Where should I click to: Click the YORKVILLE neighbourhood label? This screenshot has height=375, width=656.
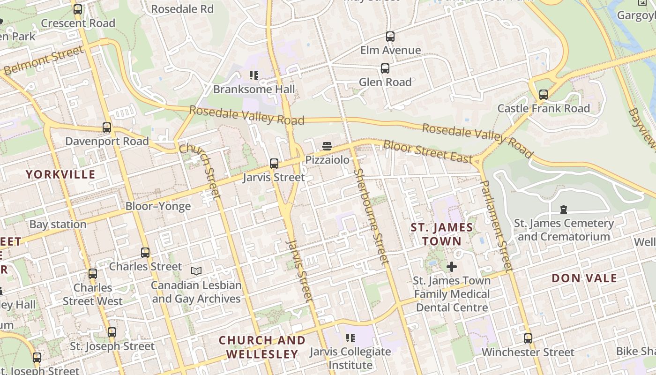pos(60,174)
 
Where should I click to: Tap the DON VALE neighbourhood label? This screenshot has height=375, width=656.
pos(584,278)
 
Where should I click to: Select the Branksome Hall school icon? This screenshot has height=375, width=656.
pos(254,75)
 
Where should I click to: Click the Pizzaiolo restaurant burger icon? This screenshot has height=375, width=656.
pos(327,147)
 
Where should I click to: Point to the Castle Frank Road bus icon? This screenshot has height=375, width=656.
pos(543,95)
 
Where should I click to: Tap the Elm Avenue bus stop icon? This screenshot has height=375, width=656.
pos(390,37)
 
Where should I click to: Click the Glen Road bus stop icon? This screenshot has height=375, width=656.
pos(385,68)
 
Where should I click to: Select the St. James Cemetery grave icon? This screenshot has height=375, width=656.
pos(564,210)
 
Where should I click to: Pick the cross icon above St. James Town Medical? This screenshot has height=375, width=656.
pos(452,267)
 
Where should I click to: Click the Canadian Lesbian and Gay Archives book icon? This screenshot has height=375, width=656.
pos(196,271)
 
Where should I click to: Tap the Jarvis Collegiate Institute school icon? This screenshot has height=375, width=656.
pos(350,338)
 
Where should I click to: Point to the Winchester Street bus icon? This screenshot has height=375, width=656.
pos(528,338)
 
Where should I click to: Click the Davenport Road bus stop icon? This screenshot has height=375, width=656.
pos(107,127)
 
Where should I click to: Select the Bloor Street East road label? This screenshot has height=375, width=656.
pos(427,151)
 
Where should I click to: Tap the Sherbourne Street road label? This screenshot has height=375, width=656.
pos(371,217)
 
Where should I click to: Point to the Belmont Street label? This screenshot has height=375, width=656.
pos(43,61)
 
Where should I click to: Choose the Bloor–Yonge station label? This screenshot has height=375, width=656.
pos(158,206)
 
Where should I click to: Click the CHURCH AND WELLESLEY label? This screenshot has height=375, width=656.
pos(262,347)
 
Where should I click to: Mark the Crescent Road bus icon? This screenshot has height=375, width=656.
pos(78,9)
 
